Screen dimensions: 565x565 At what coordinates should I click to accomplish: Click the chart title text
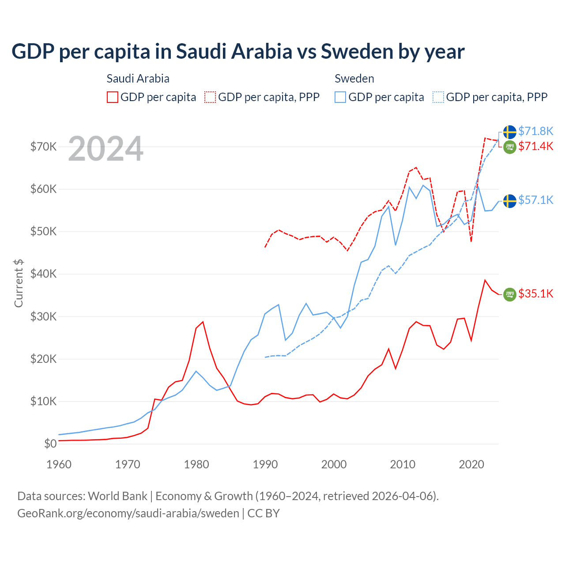[x=238, y=51]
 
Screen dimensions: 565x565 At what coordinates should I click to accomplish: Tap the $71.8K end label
[x=535, y=131]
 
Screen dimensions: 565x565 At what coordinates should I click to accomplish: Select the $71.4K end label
[x=535, y=146]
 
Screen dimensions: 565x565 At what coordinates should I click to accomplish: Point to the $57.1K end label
[x=535, y=200]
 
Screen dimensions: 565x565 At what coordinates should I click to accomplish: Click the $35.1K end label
[x=535, y=294]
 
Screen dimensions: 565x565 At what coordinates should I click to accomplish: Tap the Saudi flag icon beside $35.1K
[x=510, y=294]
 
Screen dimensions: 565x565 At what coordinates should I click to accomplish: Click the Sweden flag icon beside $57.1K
[x=510, y=201]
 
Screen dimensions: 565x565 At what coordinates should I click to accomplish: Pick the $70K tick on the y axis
[x=43, y=147]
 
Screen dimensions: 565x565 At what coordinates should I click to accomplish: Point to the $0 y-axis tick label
[x=50, y=444]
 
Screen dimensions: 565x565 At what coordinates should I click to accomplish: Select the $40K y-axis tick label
[x=43, y=274]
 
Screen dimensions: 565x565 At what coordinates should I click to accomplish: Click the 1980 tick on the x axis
[x=196, y=464]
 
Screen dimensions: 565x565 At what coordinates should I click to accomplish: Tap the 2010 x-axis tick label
[x=403, y=464]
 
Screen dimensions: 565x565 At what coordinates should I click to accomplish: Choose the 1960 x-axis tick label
[x=59, y=464]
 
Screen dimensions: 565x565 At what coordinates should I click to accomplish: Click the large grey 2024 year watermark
[x=105, y=149]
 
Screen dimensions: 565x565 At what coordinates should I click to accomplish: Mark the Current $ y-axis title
[x=19, y=283]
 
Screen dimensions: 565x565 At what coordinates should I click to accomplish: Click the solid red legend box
[x=113, y=97]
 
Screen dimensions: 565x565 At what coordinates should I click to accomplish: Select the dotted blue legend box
[x=438, y=97]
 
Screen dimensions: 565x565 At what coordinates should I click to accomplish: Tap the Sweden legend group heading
[x=354, y=79]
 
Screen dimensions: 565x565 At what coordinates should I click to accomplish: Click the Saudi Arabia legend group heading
[x=138, y=79]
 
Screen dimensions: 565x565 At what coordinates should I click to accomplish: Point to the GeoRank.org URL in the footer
[x=128, y=513]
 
